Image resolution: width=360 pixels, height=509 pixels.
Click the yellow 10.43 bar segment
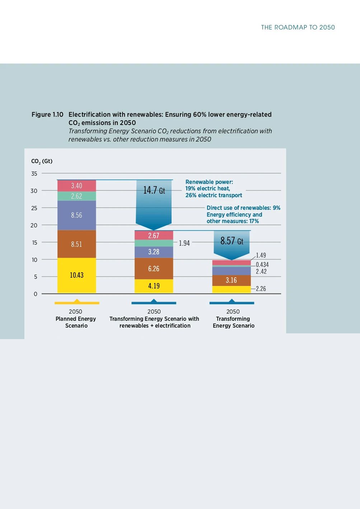(76, 275)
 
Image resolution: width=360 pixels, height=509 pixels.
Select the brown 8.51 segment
(76, 244)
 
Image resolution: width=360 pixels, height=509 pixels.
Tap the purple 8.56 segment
(76, 215)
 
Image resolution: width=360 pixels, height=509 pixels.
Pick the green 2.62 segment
(76, 196)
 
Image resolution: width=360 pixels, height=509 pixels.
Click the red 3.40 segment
(76, 186)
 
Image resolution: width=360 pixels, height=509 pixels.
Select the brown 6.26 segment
(154, 269)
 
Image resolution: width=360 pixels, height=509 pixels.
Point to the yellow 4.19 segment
(154, 286)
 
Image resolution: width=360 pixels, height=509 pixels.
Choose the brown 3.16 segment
(231, 280)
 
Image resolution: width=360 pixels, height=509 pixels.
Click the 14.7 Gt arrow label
(154, 190)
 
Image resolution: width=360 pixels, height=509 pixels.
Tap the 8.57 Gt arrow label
(232, 241)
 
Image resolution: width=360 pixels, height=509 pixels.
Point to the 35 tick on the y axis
(34, 173)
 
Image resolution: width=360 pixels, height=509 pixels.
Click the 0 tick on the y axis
(36, 294)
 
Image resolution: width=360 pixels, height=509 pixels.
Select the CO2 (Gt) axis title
(42, 161)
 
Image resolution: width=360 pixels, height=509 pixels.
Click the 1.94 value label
(184, 243)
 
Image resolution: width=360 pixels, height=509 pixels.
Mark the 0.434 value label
(262, 265)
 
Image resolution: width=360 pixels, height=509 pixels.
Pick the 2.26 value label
(261, 289)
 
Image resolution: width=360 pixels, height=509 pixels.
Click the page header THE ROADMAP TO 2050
(298, 27)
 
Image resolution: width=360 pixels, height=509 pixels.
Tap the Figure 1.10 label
(47, 115)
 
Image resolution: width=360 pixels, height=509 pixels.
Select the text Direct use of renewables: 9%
(243, 208)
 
